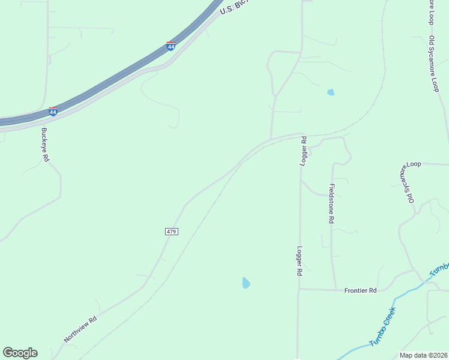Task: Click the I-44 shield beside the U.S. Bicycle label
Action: [x=171, y=46]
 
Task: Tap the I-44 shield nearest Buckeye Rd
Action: [x=53, y=112]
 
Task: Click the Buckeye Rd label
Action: [x=45, y=144]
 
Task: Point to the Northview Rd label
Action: [x=80, y=330]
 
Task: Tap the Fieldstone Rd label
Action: [x=331, y=204]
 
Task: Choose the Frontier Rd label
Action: [x=360, y=290]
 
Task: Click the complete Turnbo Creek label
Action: [x=382, y=327]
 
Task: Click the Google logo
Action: [x=20, y=353]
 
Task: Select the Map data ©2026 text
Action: [x=423, y=355]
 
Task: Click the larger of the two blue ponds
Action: [x=246, y=283]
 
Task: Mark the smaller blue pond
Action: [x=330, y=92]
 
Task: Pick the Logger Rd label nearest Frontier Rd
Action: [x=299, y=260]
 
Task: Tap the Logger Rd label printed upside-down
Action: [x=304, y=150]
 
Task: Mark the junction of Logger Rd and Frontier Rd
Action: [x=298, y=289]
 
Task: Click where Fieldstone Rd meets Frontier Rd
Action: [x=334, y=289]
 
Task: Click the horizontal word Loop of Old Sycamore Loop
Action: [x=415, y=164]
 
